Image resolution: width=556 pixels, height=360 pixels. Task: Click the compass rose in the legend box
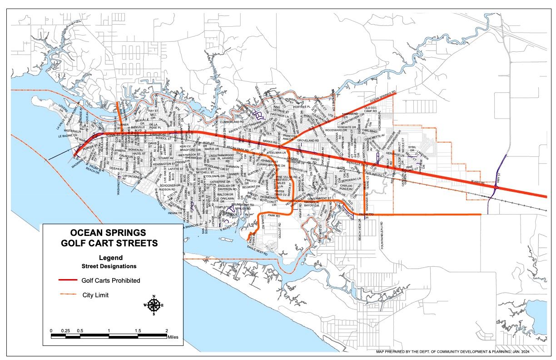click(x=154, y=305)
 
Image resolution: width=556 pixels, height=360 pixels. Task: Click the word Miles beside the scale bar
click(x=173, y=337)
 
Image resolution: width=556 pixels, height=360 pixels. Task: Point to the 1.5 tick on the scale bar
click(x=138, y=330)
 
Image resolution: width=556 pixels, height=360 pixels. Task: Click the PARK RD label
click(x=273, y=215)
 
